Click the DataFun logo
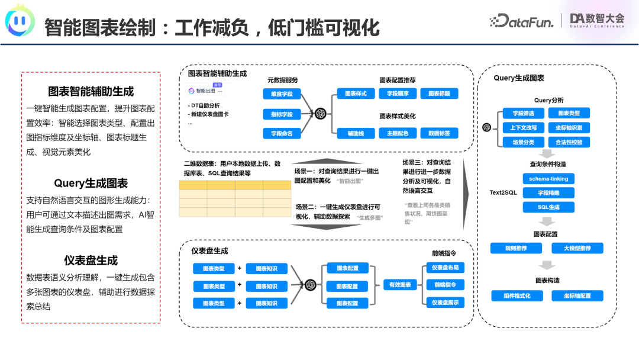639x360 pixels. click(x=521, y=21)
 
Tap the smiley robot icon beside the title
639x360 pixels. click(x=20, y=21)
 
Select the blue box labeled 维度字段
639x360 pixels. click(x=282, y=94)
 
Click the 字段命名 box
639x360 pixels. click(x=282, y=133)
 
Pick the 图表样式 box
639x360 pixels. click(x=356, y=94)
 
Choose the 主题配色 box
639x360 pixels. click(x=398, y=133)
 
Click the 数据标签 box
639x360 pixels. click(x=439, y=133)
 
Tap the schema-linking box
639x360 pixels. click(x=548, y=178)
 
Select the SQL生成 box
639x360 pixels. click(x=548, y=207)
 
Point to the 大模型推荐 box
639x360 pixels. click(x=577, y=248)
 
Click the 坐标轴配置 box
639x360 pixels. click(x=577, y=295)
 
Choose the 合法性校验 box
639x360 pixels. click(x=569, y=142)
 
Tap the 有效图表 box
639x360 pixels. click(x=399, y=285)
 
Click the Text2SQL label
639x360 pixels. click(x=503, y=193)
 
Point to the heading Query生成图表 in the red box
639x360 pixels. click(x=91, y=184)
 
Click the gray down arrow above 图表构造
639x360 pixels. click(x=548, y=266)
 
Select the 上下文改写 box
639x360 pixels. click(x=519, y=128)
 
